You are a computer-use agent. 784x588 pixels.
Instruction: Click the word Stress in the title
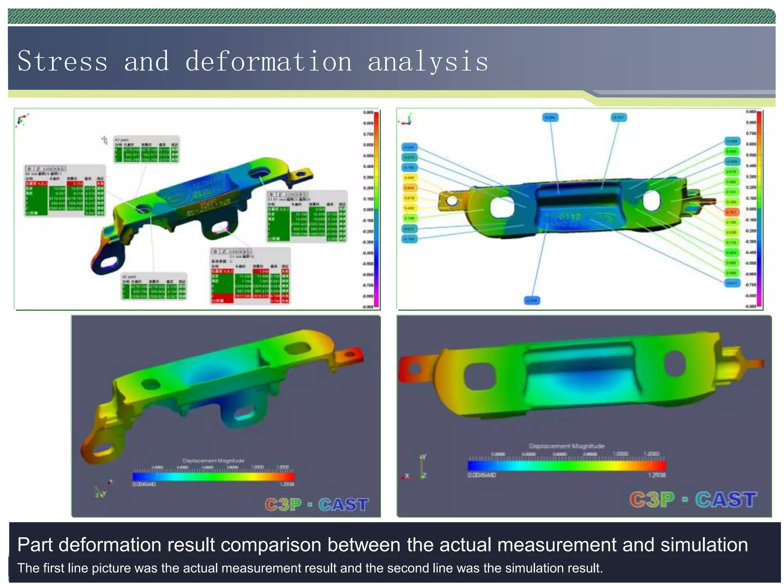pyautogui.click(x=62, y=62)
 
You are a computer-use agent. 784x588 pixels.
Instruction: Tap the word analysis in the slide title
pyautogui.click(x=428, y=62)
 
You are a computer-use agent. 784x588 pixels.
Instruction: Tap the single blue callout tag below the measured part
pyautogui.click(x=532, y=301)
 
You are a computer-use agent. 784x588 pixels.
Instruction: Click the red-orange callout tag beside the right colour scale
pyautogui.click(x=732, y=212)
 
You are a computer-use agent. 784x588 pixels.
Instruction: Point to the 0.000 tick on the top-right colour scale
pyautogui.click(x=751, y=209)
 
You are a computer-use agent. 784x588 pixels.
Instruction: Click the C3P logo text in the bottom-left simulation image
pyautogui.click(x=283, y=505)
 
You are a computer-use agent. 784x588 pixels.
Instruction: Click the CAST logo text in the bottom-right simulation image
pyautogui.click(x=726, y=500)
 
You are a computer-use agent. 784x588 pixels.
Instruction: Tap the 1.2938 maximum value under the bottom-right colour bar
pyautogui.click(x=657, y=475)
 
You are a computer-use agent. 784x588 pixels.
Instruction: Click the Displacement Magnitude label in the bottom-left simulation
pyautogui.click(x=213, y=461)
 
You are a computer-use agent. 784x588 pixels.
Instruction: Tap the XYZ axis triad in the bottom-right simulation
pyautogui.click(x=418, y=468)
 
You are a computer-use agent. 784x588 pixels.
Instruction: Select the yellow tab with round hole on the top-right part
pyautogui.click(x=452, y=200)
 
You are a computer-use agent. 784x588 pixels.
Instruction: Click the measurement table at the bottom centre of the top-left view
pyautogui.click(x=250, y=276)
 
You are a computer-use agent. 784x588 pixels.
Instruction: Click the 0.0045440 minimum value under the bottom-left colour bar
pyautogui.click(x=144, y=484)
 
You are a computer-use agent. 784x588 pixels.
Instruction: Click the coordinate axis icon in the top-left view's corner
pyautogui.click(x=22, y=120)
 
